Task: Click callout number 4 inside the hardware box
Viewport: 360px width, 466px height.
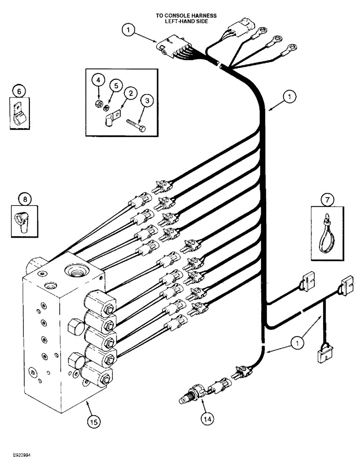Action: pyautogui.click(x=98, y=81)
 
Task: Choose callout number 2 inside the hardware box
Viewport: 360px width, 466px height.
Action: pyautogui.click(x=131, y=94)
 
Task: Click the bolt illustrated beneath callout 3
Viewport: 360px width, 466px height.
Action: pyautogui.click(x=136, y=124)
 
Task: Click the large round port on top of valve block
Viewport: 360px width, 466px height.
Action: pyautogui.click(x=77, y=270)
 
